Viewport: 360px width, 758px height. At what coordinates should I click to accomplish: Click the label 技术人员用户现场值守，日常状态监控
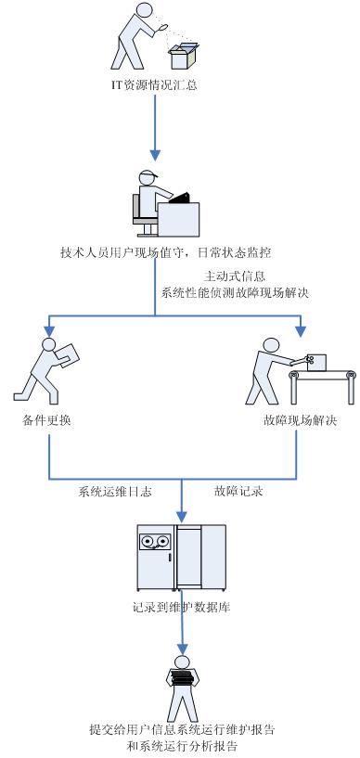tap(165, 252)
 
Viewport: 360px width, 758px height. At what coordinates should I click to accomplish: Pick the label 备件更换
tap(47, 420)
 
